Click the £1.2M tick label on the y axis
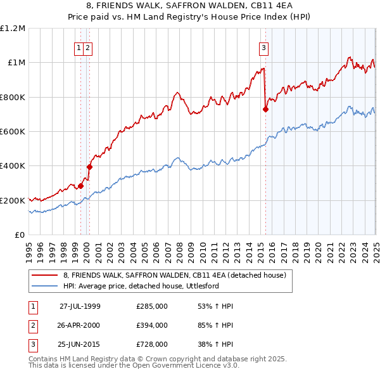(13, 29)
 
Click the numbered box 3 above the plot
(263, 46)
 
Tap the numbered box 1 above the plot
(79, 46)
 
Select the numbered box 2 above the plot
(87, 46)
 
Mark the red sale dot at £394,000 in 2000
(90, 167)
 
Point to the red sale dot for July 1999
(81, 186)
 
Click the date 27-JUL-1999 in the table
(80, 306)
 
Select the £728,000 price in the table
(152, 345)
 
